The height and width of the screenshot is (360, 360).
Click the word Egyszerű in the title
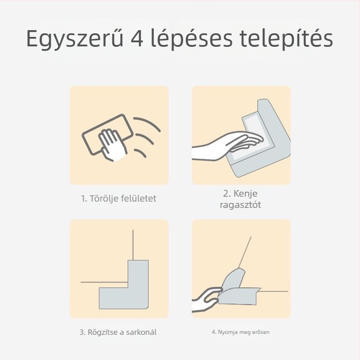click(x=75, y=38)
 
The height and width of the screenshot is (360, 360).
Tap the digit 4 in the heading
click(x=137, y=38)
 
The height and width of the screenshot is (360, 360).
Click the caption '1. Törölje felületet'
click(x=118, y=198)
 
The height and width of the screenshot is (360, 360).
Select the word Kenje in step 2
click(x=245, y=193)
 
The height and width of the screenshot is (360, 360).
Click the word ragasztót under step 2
click(x=240, y=205)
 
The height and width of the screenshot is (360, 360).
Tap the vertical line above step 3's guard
click(x=133, y=245)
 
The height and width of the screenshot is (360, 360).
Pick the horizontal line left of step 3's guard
click(x=104, y=282)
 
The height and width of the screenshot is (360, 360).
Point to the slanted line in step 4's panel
click(x=245, y=252)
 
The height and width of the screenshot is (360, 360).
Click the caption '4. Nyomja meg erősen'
click(x=241, y=332)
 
